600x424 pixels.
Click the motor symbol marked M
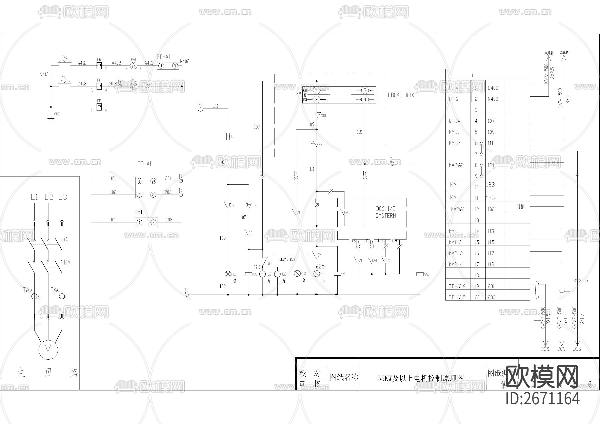point(48,350)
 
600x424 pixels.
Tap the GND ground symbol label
point(57,114)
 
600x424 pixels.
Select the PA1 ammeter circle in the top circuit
point(133,66)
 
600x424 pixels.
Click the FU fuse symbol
point(228,136)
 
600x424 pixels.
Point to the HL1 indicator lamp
point(228,274)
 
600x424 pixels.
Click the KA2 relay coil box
point(420,274)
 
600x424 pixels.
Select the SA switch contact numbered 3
point(365,90)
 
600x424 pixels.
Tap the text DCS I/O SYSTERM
point(386,212)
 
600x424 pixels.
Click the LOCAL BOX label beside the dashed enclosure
point(401,95)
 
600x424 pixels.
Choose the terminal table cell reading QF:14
point(454,121)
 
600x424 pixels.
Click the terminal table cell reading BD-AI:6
point(457,286)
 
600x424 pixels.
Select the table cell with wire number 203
point(491,297)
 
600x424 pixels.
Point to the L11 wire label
point(216,106)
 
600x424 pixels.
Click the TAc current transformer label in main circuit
point(55,290)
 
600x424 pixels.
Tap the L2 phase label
point(49,197)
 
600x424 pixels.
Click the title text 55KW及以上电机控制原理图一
point(424,378)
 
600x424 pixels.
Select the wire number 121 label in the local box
point(360,132)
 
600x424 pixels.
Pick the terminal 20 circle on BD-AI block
point(153,181)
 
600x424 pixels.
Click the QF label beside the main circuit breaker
point(67,239)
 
